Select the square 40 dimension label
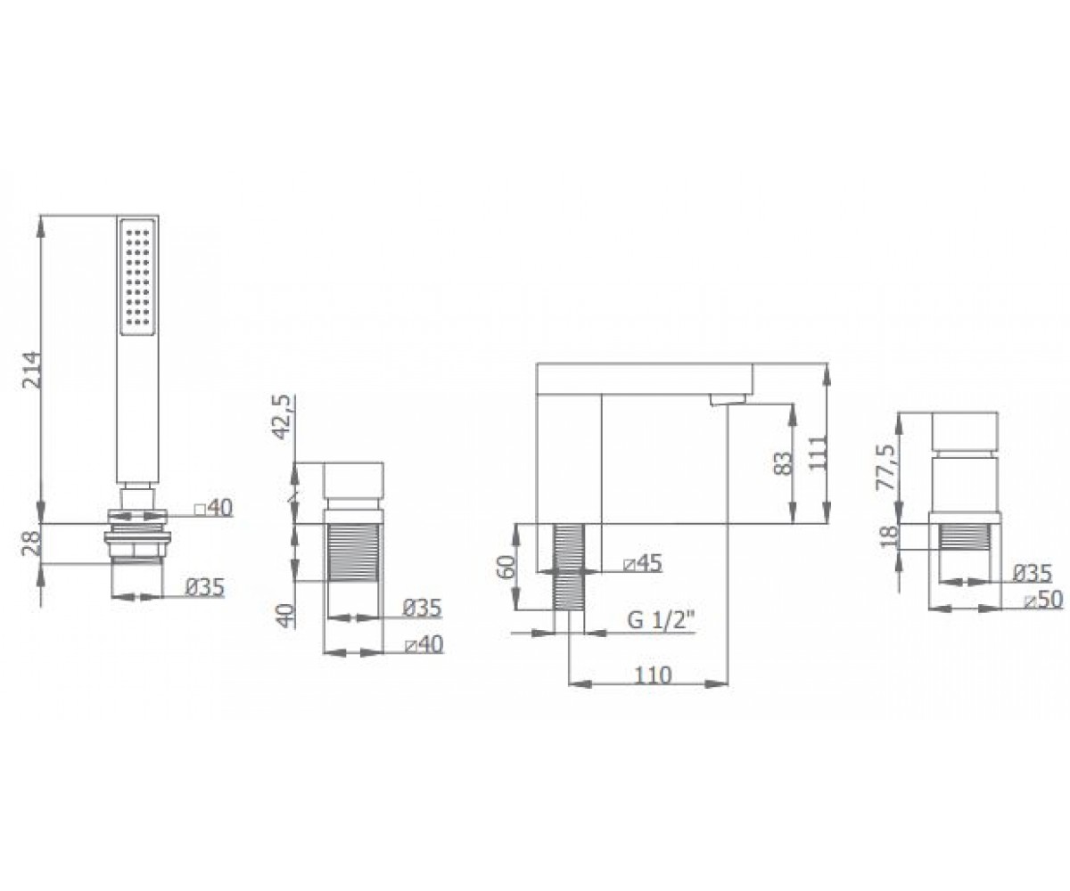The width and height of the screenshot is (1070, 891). click(x=213, y=508)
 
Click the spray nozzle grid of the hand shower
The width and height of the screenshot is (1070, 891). click(x=136, y=278)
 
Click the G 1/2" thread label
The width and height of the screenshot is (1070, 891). click(x=661, y=621)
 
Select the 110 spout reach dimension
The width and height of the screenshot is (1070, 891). click(x=653, y=674)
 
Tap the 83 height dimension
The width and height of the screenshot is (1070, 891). click(x=783, y=463)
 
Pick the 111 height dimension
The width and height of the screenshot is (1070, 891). click(x=818, y=453)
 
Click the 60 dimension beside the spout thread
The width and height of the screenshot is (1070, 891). click(x=506, y=566)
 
